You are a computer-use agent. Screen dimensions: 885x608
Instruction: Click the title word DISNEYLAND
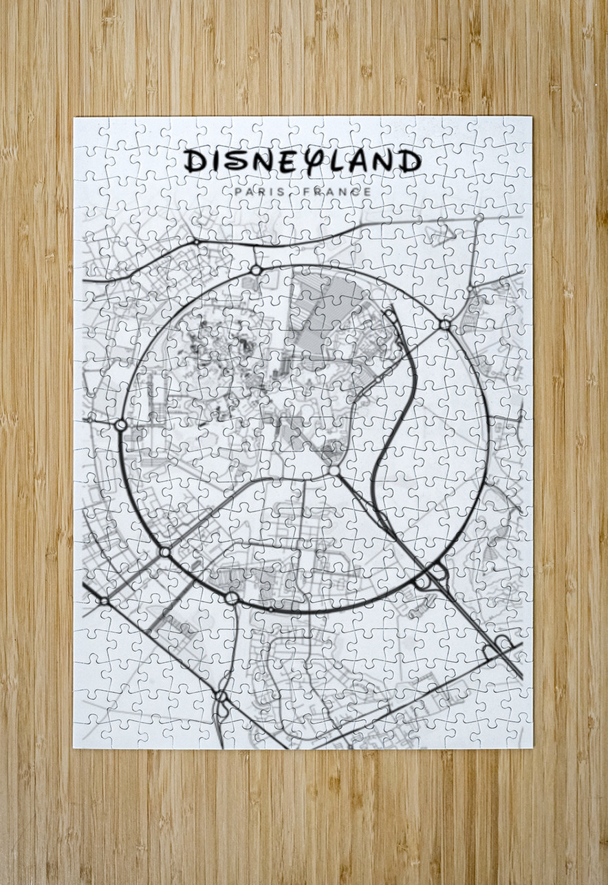303,161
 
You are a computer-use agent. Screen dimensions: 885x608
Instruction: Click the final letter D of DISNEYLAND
410,162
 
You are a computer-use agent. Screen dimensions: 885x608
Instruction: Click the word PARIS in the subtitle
259,191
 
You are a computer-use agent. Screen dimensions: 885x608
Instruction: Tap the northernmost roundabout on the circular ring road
256,270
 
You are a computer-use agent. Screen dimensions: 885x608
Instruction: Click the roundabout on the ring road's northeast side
445,323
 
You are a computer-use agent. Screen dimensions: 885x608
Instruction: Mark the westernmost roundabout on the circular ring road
121,425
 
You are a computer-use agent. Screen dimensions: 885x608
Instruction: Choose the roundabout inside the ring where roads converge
334,470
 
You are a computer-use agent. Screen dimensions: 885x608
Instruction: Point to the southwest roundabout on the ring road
165,551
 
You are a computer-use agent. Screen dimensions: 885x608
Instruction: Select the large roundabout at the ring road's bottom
231,597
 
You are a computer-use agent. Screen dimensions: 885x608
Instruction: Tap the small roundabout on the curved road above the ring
197,242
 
